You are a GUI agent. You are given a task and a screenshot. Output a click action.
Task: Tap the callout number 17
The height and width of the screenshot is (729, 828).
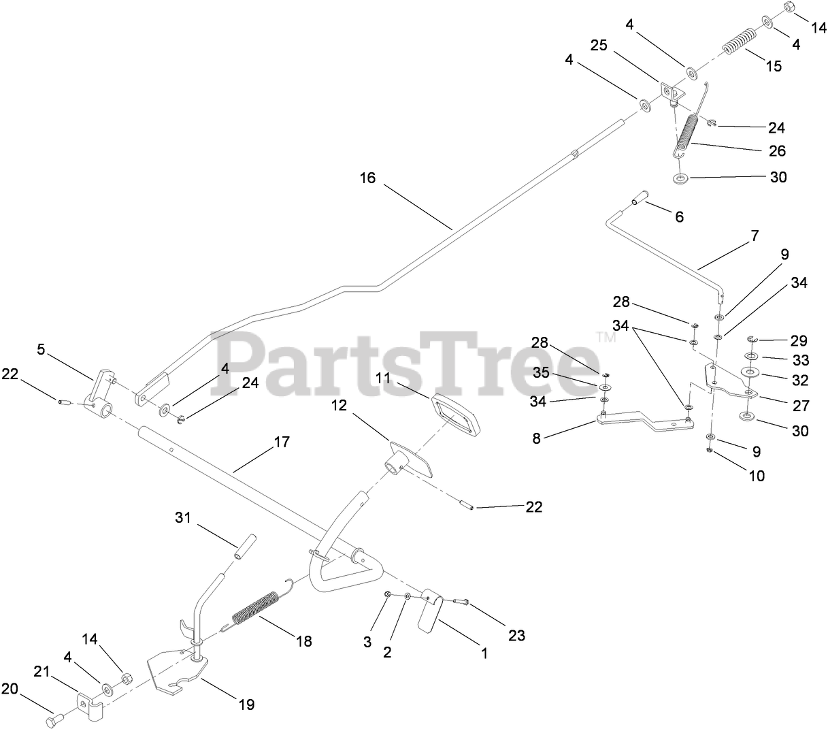point(282,442)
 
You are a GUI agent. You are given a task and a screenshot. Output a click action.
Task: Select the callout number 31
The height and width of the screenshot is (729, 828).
point(182,518)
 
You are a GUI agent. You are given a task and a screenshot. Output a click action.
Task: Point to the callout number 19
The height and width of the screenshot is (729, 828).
point(247,704)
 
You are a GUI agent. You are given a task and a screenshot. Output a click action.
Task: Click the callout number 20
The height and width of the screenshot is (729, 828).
point(10,689)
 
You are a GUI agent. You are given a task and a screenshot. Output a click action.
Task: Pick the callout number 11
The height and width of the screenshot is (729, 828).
point(383,378)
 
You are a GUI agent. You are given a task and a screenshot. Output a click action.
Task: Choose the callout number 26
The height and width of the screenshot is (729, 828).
point(777,150)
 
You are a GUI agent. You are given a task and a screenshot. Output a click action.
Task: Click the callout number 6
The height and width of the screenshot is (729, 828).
point(679,217)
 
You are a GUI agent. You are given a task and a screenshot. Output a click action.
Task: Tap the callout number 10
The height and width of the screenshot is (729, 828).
point(757,476)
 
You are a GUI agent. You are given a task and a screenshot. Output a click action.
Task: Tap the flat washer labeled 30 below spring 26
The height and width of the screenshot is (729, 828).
point(680,178)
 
